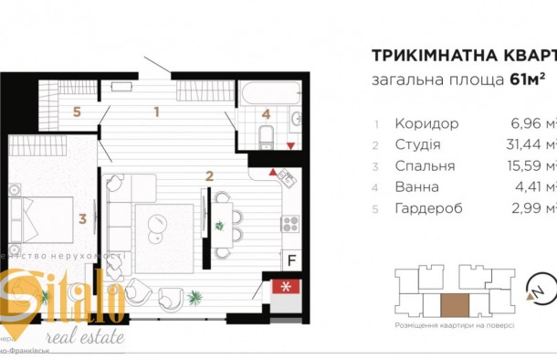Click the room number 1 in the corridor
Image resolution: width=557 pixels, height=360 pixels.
tap(157, 113)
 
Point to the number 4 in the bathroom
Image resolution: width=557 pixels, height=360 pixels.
tap(266, 115)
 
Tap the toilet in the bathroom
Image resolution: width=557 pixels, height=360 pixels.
tap(265, 138)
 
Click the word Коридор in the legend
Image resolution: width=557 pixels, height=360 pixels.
tap(426, 123)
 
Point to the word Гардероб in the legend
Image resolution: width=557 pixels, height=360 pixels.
tap(428, 208)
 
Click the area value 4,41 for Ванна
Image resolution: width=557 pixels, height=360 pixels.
tap(529, 187)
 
